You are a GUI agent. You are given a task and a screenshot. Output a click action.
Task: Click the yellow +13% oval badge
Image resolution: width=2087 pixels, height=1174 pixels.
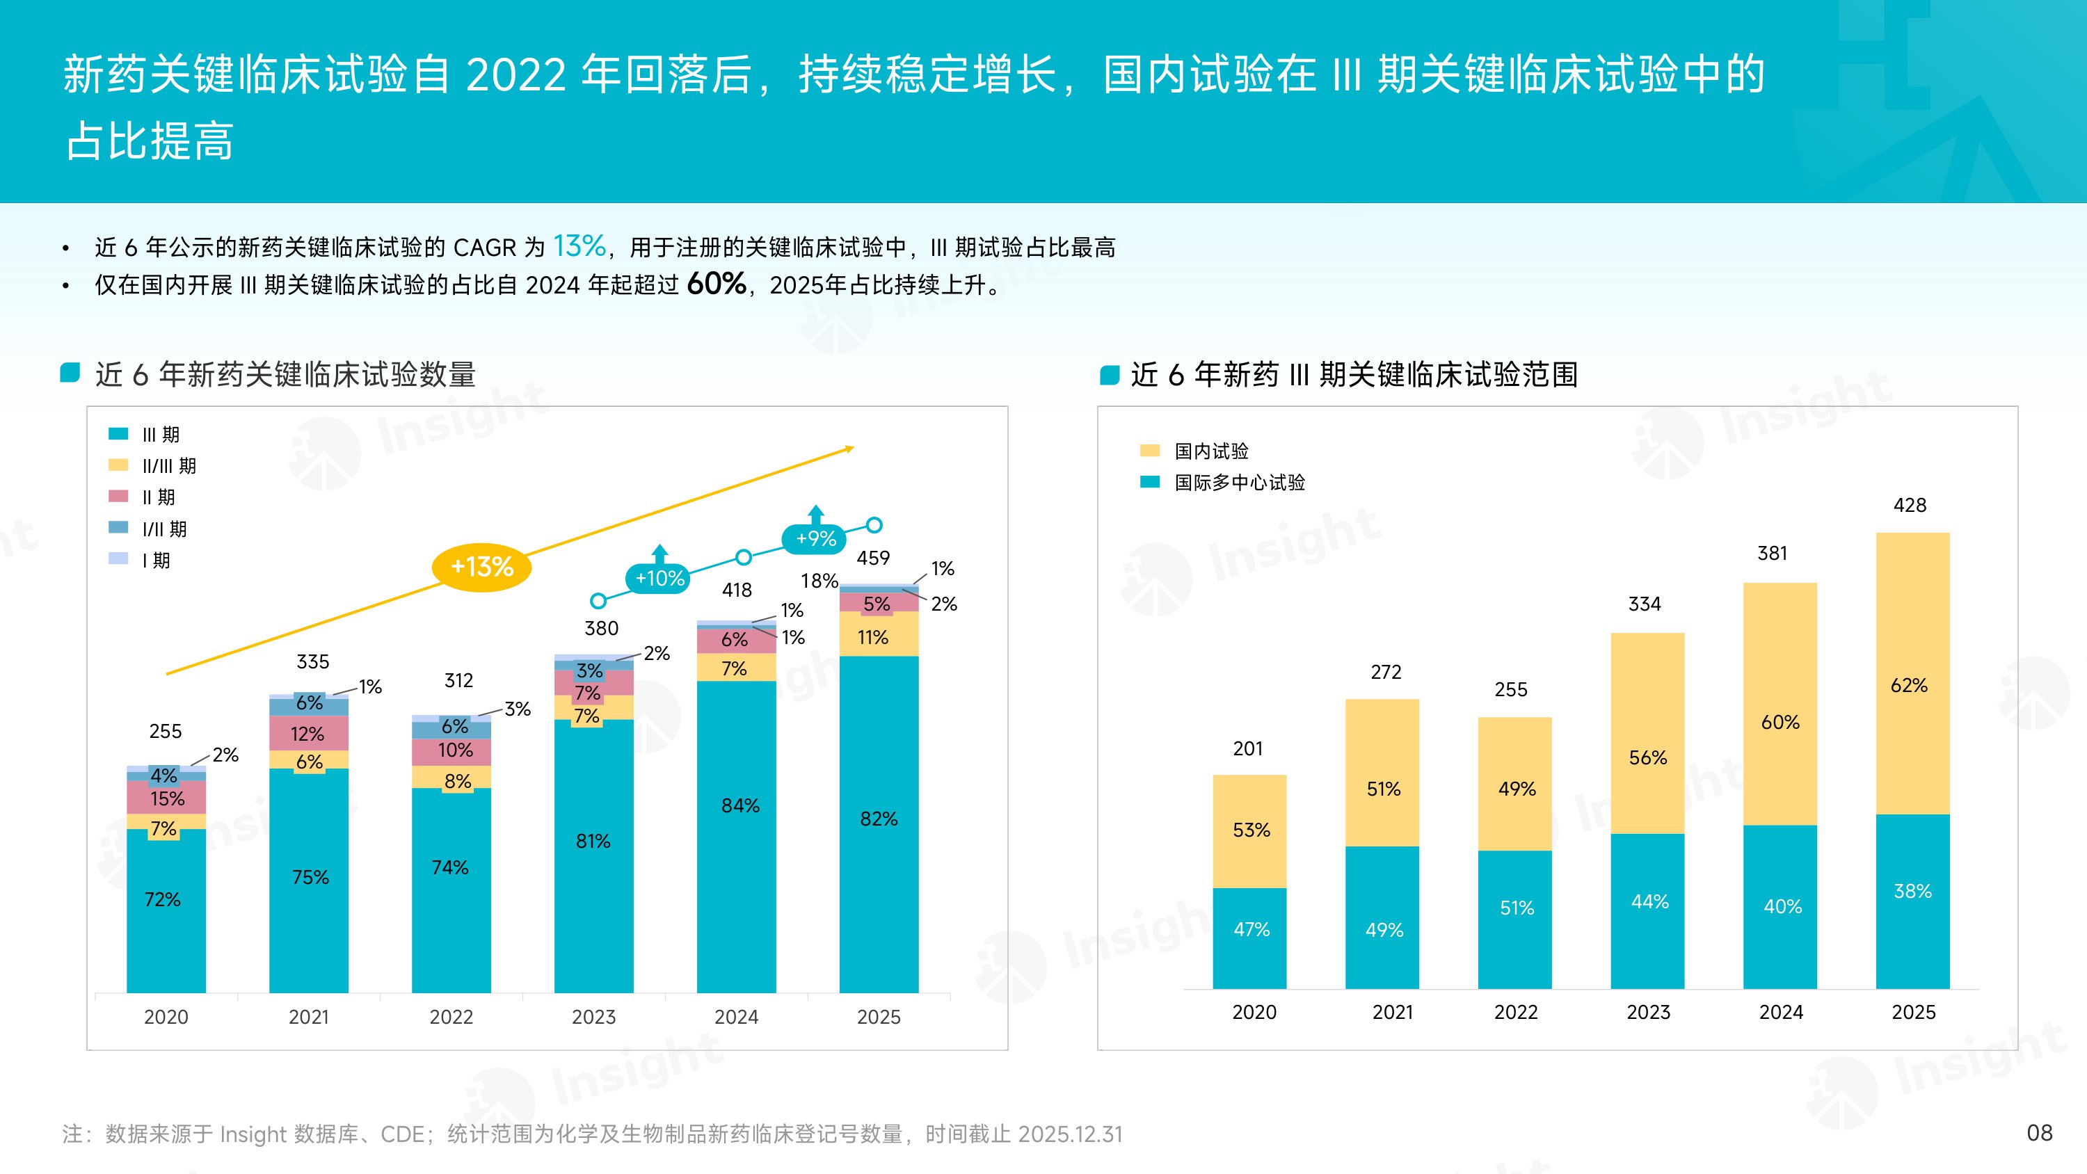click(481, 566)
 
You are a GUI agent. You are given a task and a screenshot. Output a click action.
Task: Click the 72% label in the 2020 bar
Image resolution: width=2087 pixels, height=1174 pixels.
click(162, 899)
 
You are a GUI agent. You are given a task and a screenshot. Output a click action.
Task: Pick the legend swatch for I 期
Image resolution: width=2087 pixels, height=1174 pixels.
click(118, 559)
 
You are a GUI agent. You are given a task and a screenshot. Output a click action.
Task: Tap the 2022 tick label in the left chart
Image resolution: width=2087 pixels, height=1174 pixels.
click(451, 1017)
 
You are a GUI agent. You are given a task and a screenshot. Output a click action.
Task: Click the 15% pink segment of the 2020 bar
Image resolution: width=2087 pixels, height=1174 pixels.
click(167, 798)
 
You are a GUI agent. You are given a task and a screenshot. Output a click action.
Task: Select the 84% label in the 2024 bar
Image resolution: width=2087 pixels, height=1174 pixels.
click(739, 805)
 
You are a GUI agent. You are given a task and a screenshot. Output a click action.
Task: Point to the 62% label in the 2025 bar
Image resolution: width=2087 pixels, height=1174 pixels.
click(1909, 686)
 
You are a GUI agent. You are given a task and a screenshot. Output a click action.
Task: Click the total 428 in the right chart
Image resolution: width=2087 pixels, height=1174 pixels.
click(1910, 505)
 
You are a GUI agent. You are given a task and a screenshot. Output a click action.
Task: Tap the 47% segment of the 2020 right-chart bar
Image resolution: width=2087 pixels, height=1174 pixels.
click(1250, 929)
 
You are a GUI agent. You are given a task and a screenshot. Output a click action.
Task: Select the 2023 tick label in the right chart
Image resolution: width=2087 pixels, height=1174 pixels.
click(1648, 1012)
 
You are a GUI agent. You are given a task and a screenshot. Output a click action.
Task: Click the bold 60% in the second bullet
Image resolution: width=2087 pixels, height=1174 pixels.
click(717, 284)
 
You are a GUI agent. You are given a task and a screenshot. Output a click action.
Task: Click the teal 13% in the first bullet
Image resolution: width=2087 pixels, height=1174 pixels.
click(579, 246)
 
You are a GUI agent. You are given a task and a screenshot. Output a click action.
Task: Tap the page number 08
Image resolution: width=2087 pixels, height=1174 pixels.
click(2039, 1133)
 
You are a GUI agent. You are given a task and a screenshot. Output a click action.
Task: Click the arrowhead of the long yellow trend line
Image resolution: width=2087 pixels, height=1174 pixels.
click(850, 448)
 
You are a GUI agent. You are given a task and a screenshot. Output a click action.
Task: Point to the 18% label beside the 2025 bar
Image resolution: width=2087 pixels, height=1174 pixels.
click(818, 581)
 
